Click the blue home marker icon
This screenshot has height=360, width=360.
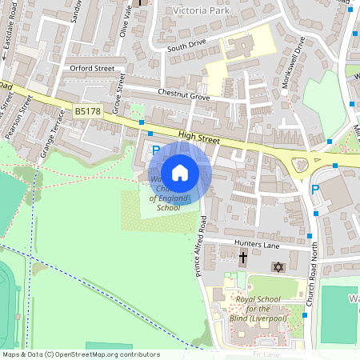180,173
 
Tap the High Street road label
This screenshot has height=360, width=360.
198,139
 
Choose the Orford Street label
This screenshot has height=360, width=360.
92,69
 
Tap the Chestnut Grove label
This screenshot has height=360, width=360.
183,96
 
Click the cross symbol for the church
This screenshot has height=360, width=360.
244,258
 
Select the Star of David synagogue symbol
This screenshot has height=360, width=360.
278,266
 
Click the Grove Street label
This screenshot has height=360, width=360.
120,94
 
